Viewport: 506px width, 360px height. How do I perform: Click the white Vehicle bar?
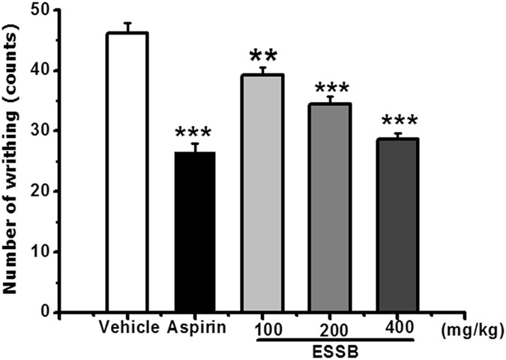pyautogui.click(x=127, y=172)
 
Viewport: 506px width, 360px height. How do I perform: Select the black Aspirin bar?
pyautogui.click(x=194, y=232)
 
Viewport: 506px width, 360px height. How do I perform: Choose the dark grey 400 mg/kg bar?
pyautogui.click(x=397, y=225)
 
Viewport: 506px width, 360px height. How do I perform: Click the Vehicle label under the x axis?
pyautogui.click(x=129, y=328)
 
